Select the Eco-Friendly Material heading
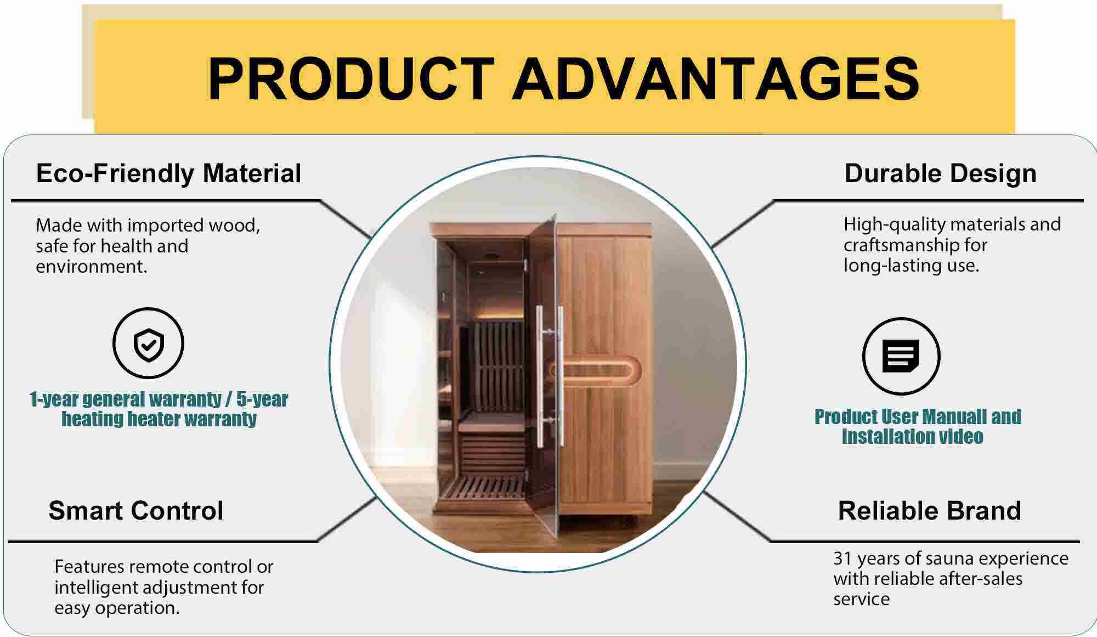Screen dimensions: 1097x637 [168, 173]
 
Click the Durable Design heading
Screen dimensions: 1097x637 [940, 173]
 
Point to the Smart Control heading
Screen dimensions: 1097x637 [136, 510]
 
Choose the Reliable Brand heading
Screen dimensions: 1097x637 [929, 510]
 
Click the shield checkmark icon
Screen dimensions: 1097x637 [148, 343]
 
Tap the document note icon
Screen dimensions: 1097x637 [901, 356]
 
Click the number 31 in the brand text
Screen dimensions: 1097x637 [842, 559]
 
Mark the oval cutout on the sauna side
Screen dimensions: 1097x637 [600, 371]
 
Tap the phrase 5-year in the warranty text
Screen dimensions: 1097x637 [262, 399]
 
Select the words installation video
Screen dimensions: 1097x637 [913, 437]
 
